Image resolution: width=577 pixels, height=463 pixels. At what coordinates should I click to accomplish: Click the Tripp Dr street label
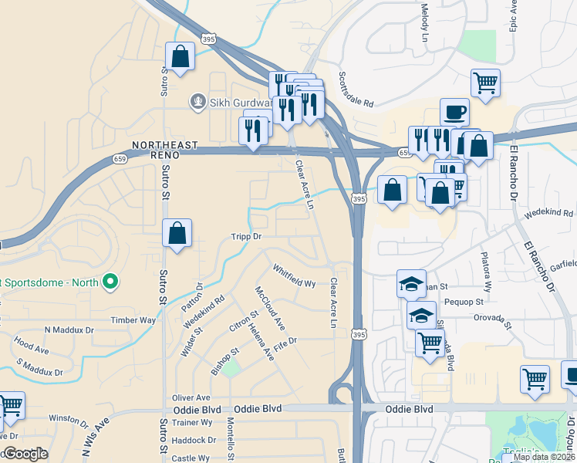pyautogui.click(x=247, y=237)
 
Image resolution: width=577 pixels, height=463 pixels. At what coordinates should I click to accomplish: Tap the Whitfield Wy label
pyautogui.click(x=294, y=275)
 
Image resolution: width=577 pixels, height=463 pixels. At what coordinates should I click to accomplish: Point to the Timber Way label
pyautogui.click(x=133, y=320)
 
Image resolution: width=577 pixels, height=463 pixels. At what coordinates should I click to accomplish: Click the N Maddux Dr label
pyautogui.click(x=69, y=330)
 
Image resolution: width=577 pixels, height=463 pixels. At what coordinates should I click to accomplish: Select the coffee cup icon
pyautogui.click(x=454, y=111)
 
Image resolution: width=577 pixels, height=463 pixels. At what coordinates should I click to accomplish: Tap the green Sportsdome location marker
pyautogui.click(x=110, y=282)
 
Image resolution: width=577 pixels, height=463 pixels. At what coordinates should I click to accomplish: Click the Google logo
pyautogui.click(x=25, y=454)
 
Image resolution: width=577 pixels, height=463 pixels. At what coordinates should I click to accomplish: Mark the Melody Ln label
pyautogui.click(x=424, y=22)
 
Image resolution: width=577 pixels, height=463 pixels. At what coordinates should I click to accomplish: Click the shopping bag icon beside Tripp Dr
pyautogui.click(x=177, y=232)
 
